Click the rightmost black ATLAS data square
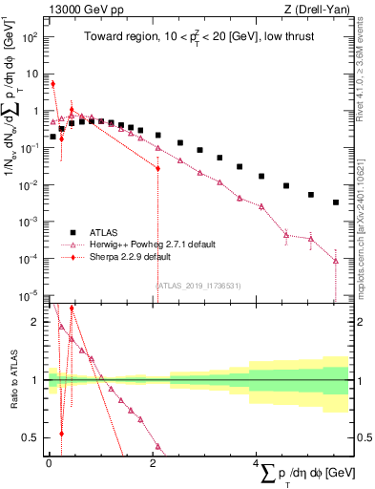pyautogui.click(x=336, y=202)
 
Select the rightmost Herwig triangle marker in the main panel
pyautogui.click(x=336, y=261)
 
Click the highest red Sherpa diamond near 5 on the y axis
pyautogui.click(x=53, y=83)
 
